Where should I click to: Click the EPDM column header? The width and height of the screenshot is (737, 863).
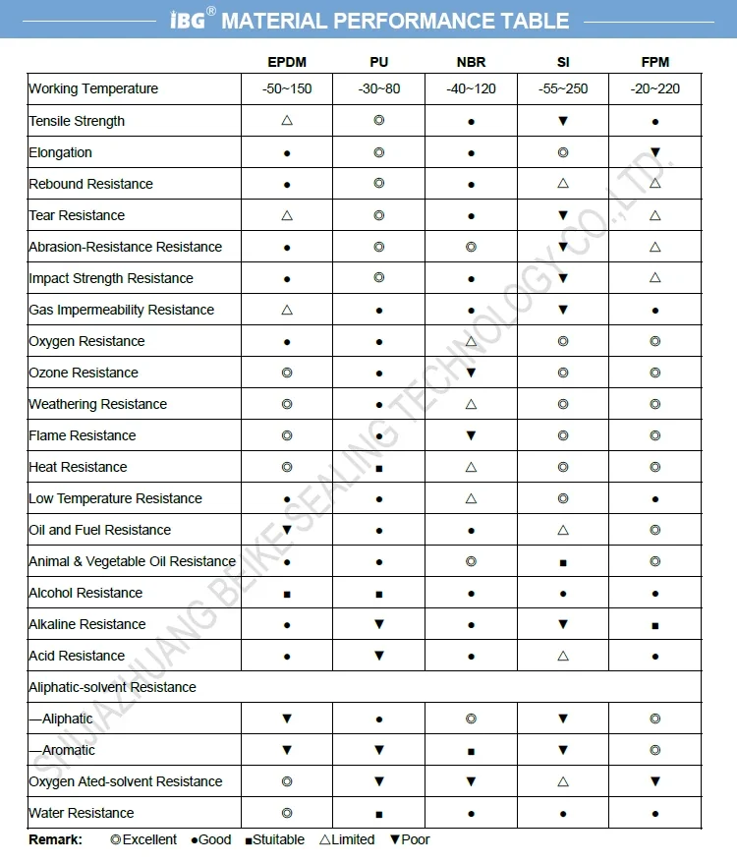287,62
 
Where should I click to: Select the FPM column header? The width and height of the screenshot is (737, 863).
654,62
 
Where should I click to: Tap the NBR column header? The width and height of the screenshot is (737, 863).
471,62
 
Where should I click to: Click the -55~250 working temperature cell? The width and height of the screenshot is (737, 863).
563,88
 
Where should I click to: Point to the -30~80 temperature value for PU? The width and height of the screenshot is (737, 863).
379,88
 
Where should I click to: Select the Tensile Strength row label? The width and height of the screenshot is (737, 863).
77,121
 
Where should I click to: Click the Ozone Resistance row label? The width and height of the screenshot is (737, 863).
84,373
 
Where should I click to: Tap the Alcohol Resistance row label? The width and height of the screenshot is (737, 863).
85,593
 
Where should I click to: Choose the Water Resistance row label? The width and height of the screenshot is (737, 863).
82,813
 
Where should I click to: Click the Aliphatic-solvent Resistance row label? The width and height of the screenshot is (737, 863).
112,687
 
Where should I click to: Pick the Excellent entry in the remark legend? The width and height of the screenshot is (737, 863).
143,839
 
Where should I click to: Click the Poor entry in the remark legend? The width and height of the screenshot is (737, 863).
410,839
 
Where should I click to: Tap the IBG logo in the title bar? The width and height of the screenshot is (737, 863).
188,20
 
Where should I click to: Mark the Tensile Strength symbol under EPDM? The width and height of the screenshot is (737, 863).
287,121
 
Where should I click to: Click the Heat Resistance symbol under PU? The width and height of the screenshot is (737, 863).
379,468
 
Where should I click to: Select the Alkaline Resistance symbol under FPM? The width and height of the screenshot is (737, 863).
655,625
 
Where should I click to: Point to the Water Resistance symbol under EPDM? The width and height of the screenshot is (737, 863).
287,813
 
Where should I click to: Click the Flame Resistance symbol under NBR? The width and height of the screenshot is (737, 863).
471,435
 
